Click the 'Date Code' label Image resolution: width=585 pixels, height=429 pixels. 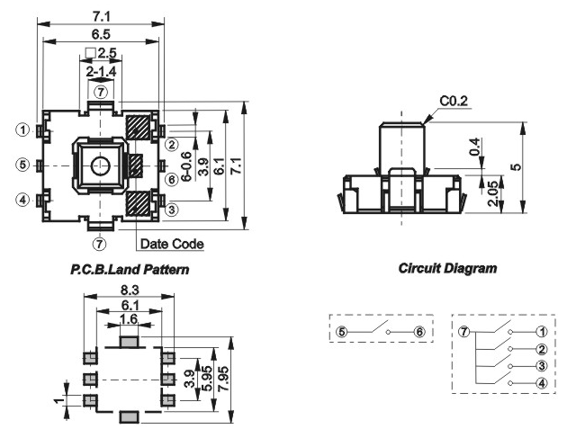point(172,244)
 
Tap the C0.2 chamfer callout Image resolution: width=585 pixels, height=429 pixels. point(454,101)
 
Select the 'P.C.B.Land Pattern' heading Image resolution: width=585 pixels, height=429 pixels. point(130,269)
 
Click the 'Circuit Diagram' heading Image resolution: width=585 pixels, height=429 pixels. point(447,268)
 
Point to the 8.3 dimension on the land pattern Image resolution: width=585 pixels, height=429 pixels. point(130,290)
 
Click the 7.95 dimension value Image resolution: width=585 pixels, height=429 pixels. point(224,379)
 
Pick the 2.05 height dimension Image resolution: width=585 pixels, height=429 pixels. point(492,193)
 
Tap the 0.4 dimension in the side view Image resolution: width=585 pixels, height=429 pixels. point(474,147)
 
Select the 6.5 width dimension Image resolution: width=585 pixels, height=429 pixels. point(101,34)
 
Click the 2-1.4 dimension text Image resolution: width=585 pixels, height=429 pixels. point(101,71)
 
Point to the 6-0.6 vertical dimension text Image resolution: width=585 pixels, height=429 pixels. point(186,166)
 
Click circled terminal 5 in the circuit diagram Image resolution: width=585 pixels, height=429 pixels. point(342,332)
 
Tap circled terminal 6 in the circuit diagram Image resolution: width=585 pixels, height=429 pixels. point(419,332)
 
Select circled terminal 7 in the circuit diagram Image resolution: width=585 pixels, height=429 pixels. point(463,331)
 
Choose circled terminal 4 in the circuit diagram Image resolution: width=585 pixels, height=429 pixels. point(541,383)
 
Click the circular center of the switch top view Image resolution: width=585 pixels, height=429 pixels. point(101,165)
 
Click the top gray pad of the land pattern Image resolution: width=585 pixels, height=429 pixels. point(129,342)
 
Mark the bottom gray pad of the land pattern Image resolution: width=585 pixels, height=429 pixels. point(129,416)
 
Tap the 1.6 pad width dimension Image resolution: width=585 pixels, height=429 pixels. point(129,318)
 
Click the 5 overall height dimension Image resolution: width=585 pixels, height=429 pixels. point(517,166)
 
